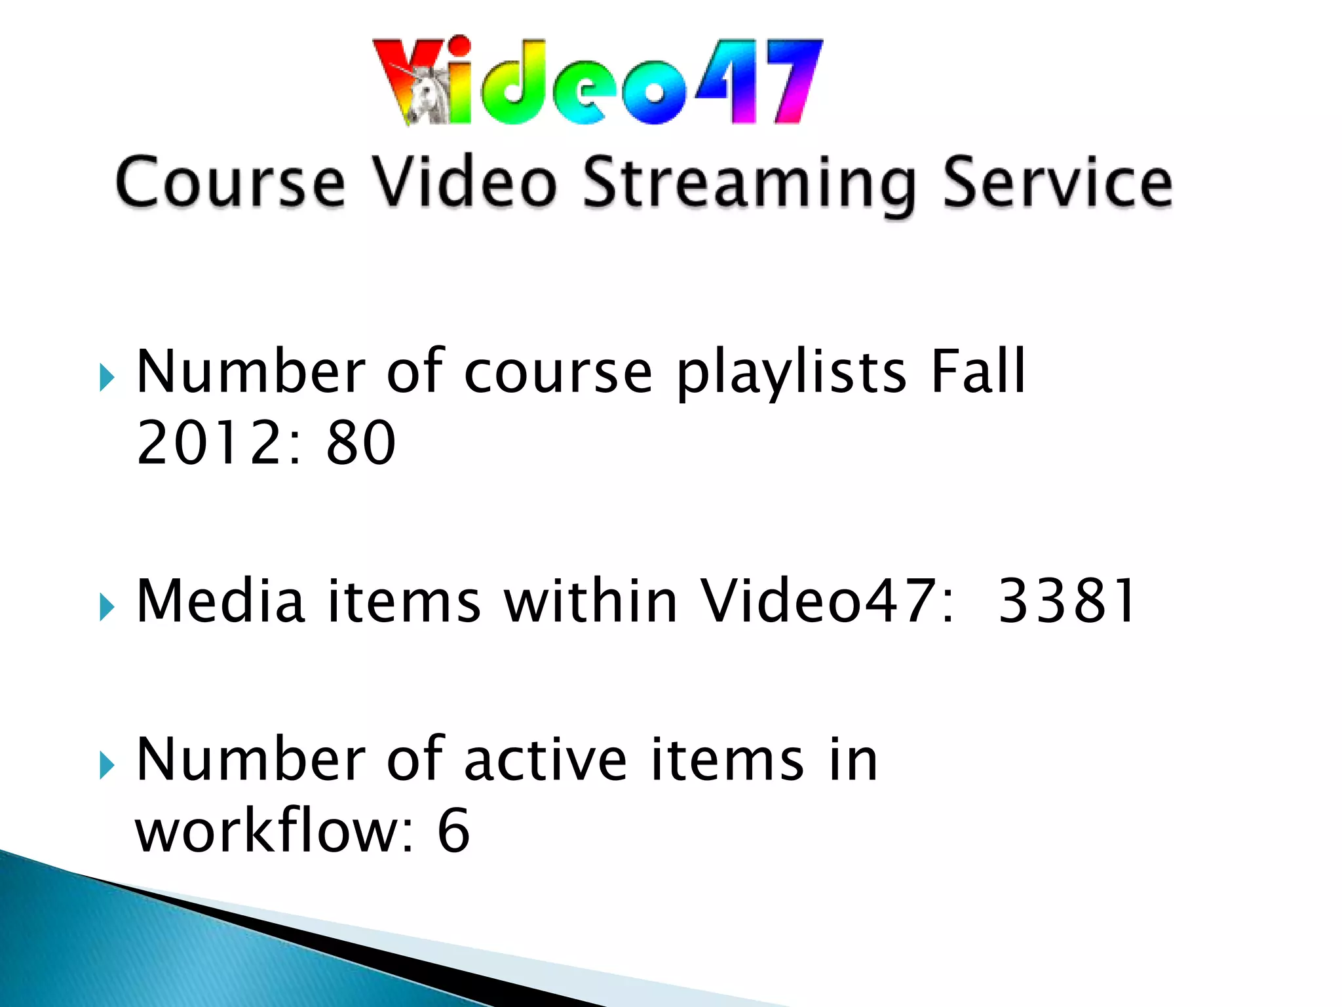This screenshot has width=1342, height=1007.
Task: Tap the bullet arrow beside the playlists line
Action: [x=107, y=378]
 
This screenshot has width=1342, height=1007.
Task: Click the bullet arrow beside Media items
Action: [x=107, y=607]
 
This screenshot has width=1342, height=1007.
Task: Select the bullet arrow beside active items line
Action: [x=107, y=765]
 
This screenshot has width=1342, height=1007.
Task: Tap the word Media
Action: [x=220, y=601]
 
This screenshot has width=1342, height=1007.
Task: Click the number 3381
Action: [x=1066, y=601]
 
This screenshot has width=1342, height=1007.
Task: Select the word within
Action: [x=590, y=601]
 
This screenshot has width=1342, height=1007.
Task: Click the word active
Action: [x=545, y=760]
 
